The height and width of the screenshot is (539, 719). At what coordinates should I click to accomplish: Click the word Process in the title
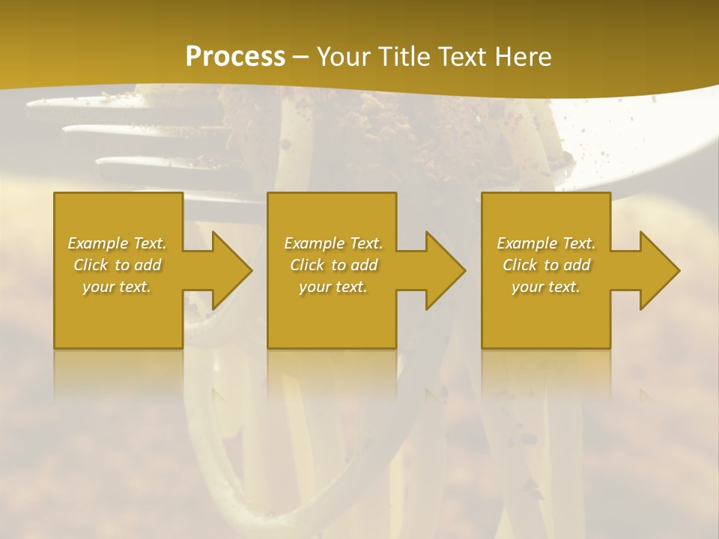[235, 57]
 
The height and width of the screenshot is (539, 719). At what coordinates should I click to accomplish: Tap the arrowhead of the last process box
[658, 270]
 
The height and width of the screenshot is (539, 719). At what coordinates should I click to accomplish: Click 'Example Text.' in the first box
[117, 243]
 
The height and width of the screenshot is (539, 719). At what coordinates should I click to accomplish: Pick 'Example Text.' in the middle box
[333, 243]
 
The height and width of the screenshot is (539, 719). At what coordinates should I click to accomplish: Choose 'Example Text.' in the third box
[546, 243]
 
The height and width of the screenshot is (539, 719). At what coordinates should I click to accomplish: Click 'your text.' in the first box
[117, 287]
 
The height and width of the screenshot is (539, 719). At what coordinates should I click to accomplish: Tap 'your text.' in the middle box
[333, 287]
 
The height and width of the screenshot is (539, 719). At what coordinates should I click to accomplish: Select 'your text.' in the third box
[546, 287]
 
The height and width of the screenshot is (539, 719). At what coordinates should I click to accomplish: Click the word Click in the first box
[91, 265]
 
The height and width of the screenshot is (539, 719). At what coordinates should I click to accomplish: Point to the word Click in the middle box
[307, 265]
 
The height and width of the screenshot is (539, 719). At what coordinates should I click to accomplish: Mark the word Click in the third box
[520, 265]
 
